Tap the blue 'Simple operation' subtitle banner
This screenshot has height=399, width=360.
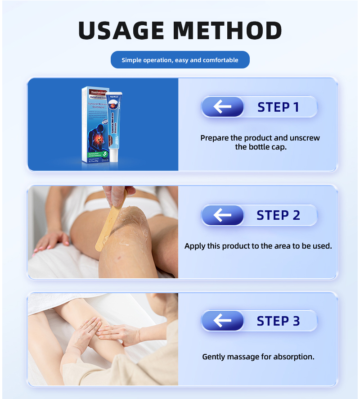click(x=180, y=60)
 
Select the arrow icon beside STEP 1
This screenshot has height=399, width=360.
click(x=222, y=107)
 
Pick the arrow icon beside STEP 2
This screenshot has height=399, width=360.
click(x=222, y=215)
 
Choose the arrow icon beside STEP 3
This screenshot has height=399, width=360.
click(x=222, y=321)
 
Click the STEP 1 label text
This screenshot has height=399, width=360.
click(x=278, y=107)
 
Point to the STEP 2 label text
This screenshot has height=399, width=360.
click(x=278, y=215)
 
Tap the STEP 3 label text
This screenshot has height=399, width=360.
click(x=278, y=321)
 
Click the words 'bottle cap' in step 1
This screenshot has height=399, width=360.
click(x=267, y=147)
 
